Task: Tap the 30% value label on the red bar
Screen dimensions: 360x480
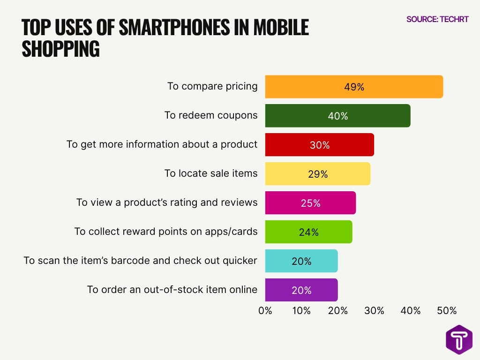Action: pos(320,145)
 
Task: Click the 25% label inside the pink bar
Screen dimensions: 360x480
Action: pos(310,203)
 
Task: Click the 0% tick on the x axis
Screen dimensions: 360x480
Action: pos(265,310)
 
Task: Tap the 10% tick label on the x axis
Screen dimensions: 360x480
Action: pos(301,310)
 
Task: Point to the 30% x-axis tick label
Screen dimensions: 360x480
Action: pos(374,310)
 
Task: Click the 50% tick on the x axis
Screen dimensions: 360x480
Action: pos(447,310)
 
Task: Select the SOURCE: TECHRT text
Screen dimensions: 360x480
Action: pos(437,19)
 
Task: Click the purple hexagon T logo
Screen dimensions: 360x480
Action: pos(459,339)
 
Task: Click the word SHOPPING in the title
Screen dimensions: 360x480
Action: pos(60,49)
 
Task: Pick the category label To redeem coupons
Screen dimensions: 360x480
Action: pos(211,115)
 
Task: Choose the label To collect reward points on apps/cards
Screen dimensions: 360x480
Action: pos(166,232)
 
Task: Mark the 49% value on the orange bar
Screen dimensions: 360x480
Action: pos(354,87)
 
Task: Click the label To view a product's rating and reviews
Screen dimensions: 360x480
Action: pos(167,202)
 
